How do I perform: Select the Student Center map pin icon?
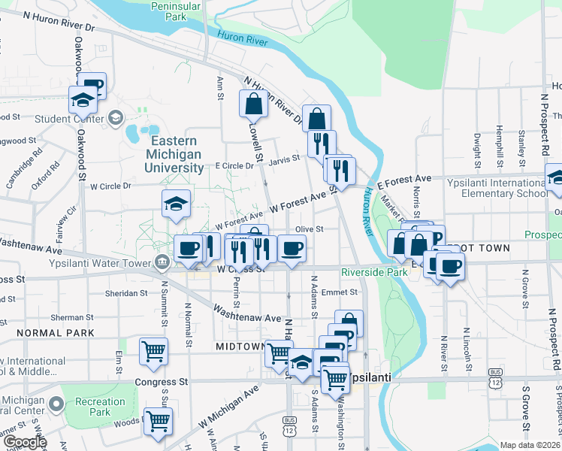point(116,117)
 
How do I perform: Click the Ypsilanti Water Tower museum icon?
point(162,262)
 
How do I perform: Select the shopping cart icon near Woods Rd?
point(158,423)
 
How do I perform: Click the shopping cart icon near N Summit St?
point(153,351)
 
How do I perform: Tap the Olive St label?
point(309,229)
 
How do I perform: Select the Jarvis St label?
point(286,159)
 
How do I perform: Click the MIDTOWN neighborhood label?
point(240,347)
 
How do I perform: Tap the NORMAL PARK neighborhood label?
point(55,332)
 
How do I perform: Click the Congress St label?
point(161,382)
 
